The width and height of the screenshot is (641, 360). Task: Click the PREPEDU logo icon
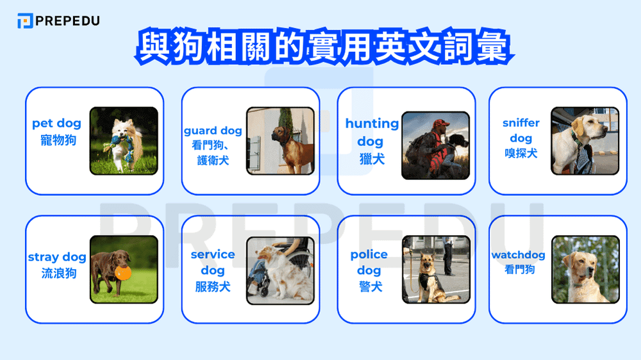[x=24, y=20]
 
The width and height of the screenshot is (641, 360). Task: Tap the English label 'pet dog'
[x=56, y=123]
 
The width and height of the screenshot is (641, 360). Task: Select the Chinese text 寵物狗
[x=56, y=139]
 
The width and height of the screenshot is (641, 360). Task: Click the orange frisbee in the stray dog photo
[x=123, y=272]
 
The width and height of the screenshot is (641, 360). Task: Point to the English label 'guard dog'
[x=213, y=131]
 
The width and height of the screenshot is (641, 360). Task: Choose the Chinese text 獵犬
[x=371, y=158]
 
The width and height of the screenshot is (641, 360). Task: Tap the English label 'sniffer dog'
[x=520, y=130]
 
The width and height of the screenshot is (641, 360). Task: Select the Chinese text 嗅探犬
[x=520, y=153]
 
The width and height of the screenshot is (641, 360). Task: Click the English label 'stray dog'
[x=56, y=257]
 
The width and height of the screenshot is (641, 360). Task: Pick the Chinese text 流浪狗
[x=56, y=274]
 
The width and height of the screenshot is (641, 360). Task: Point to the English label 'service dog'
[x=213, y=262]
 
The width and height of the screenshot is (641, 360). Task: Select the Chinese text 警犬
[x=371, y=287]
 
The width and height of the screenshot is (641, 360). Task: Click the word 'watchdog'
[x=518, y=255]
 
